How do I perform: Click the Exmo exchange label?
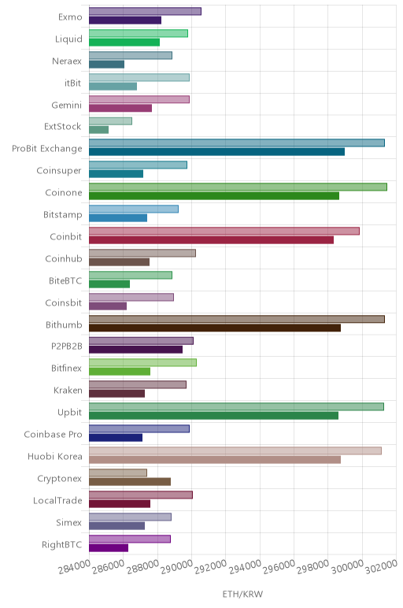pyautogui.click(x=70, y=17)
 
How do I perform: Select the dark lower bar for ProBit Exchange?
pyautogui.click(x=216, y=152)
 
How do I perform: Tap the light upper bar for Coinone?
pyautogui.click(x=238, y=187)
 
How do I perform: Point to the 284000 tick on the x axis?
pyautogui.click(x=75, y=568)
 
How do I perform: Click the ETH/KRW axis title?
pyautogui.click(x=242, y=594)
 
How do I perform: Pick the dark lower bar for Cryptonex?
pyautogui.click(x=130, y=481)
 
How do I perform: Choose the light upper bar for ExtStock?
pyautogui.click(x=110, y=121)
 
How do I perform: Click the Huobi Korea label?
pyautogui.click(x=55, y=456)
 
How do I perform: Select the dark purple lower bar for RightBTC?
pyautogui.click(x=109, y=548)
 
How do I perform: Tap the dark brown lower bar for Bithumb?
pyautogui.click(x=215, y=328)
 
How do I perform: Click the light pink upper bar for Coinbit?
pyautogui.click(x=224, y=231)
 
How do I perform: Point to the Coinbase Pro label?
pyautogui.click(x=53, y=434)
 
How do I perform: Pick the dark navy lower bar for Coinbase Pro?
pyautogui.click(x=116, y=438)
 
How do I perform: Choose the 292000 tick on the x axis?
pyautogui.click(x=211, y=568)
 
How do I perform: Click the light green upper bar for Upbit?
pyautogui.click(x=236, y=406)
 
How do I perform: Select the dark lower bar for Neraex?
pyautogui.click(x=106, y=65)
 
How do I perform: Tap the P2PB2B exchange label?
pyautogui.click(x=67, y=346)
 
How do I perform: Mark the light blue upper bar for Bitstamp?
pyautogui.click(x=134, y=209)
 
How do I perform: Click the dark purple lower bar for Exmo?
pyautogui.click(x=125, y=20)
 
